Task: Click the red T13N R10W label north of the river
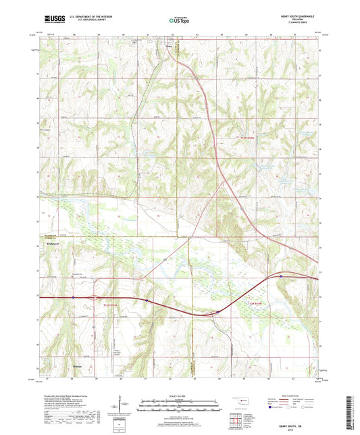[232, 137]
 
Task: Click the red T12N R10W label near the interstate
[257, 306]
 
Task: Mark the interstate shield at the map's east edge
[280, 276]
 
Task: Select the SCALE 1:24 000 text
[180, 396]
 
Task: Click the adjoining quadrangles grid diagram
[236, 418]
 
